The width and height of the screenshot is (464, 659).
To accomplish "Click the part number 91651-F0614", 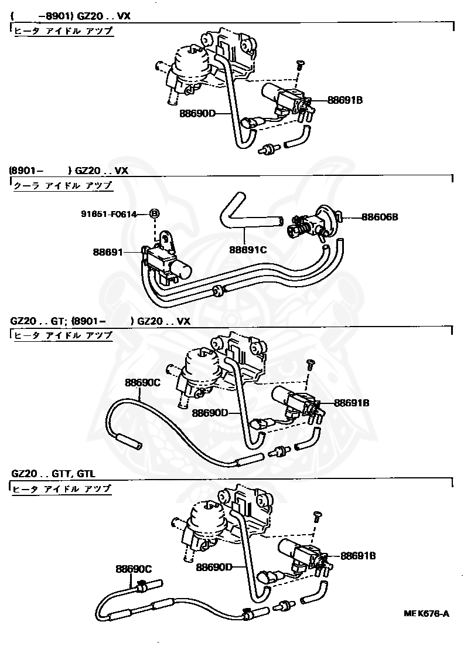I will pyautogui.click(x=108, y=215).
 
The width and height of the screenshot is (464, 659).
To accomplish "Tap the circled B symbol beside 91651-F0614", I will pyautogui.click(x=155, y=215).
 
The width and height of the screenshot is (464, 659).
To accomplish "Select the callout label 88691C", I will pyautogui.click(x=247, y=249).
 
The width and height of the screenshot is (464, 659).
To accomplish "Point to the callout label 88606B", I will pyautogui.click(x=380, y=216).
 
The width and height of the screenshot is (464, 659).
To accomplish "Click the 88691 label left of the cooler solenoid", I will pyautogui.click(x=108, y=253).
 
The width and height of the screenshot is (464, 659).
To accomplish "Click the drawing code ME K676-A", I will pyautogui.click(x=426, y=613).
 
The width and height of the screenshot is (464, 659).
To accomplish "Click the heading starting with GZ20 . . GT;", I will pyautogui.click(x=100, y=321).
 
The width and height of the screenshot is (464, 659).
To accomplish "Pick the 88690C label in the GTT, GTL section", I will pyautogui.click(x=134, y=569).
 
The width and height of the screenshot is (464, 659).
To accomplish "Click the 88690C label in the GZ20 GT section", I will pyautogui.click(x=142, y=383).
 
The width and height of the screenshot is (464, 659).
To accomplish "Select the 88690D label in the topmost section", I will pyautogui.click(x=198, y=113).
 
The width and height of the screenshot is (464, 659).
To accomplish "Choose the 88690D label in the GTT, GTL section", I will pyautogui.click(x=214, y=567).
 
